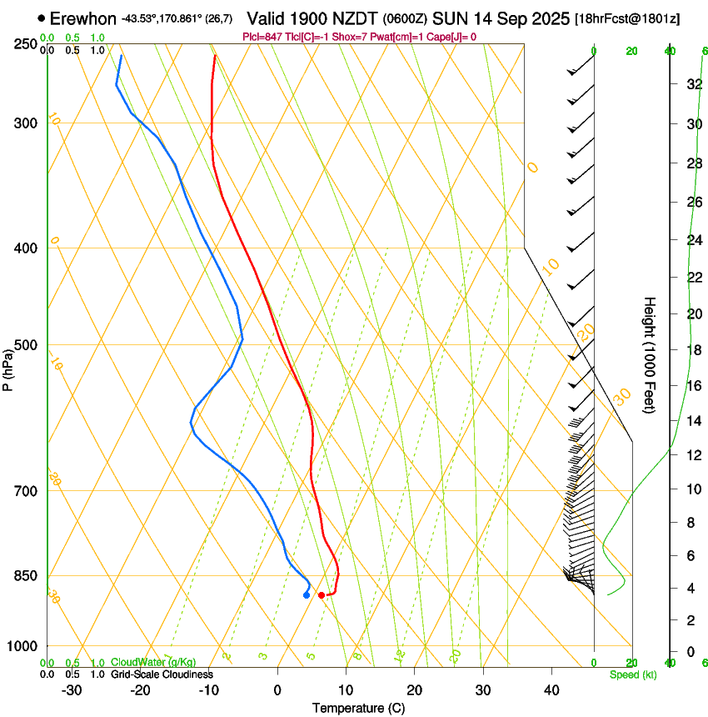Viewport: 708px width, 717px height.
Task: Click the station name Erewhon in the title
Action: click(x=83, y=18)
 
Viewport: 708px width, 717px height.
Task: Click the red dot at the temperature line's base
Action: click(x=322, y=594)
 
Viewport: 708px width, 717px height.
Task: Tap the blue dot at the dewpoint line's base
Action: click(x=307, y=594)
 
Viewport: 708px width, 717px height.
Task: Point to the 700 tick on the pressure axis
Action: click(x=27, y=491)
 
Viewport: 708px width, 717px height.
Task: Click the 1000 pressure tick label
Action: click(x=24, y=646)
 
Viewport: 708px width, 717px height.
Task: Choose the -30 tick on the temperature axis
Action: click(x=72, y=690)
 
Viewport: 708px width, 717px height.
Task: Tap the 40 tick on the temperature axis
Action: click(x=551, y=690)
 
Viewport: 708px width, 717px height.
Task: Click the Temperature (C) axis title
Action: click(x=358, y=709)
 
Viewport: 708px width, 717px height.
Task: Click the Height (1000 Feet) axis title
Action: click(x=651, y=355)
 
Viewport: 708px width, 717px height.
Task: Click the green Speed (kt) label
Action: click(x=632, y=674)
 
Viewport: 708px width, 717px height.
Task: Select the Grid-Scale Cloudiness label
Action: click(x=162, y=674)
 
